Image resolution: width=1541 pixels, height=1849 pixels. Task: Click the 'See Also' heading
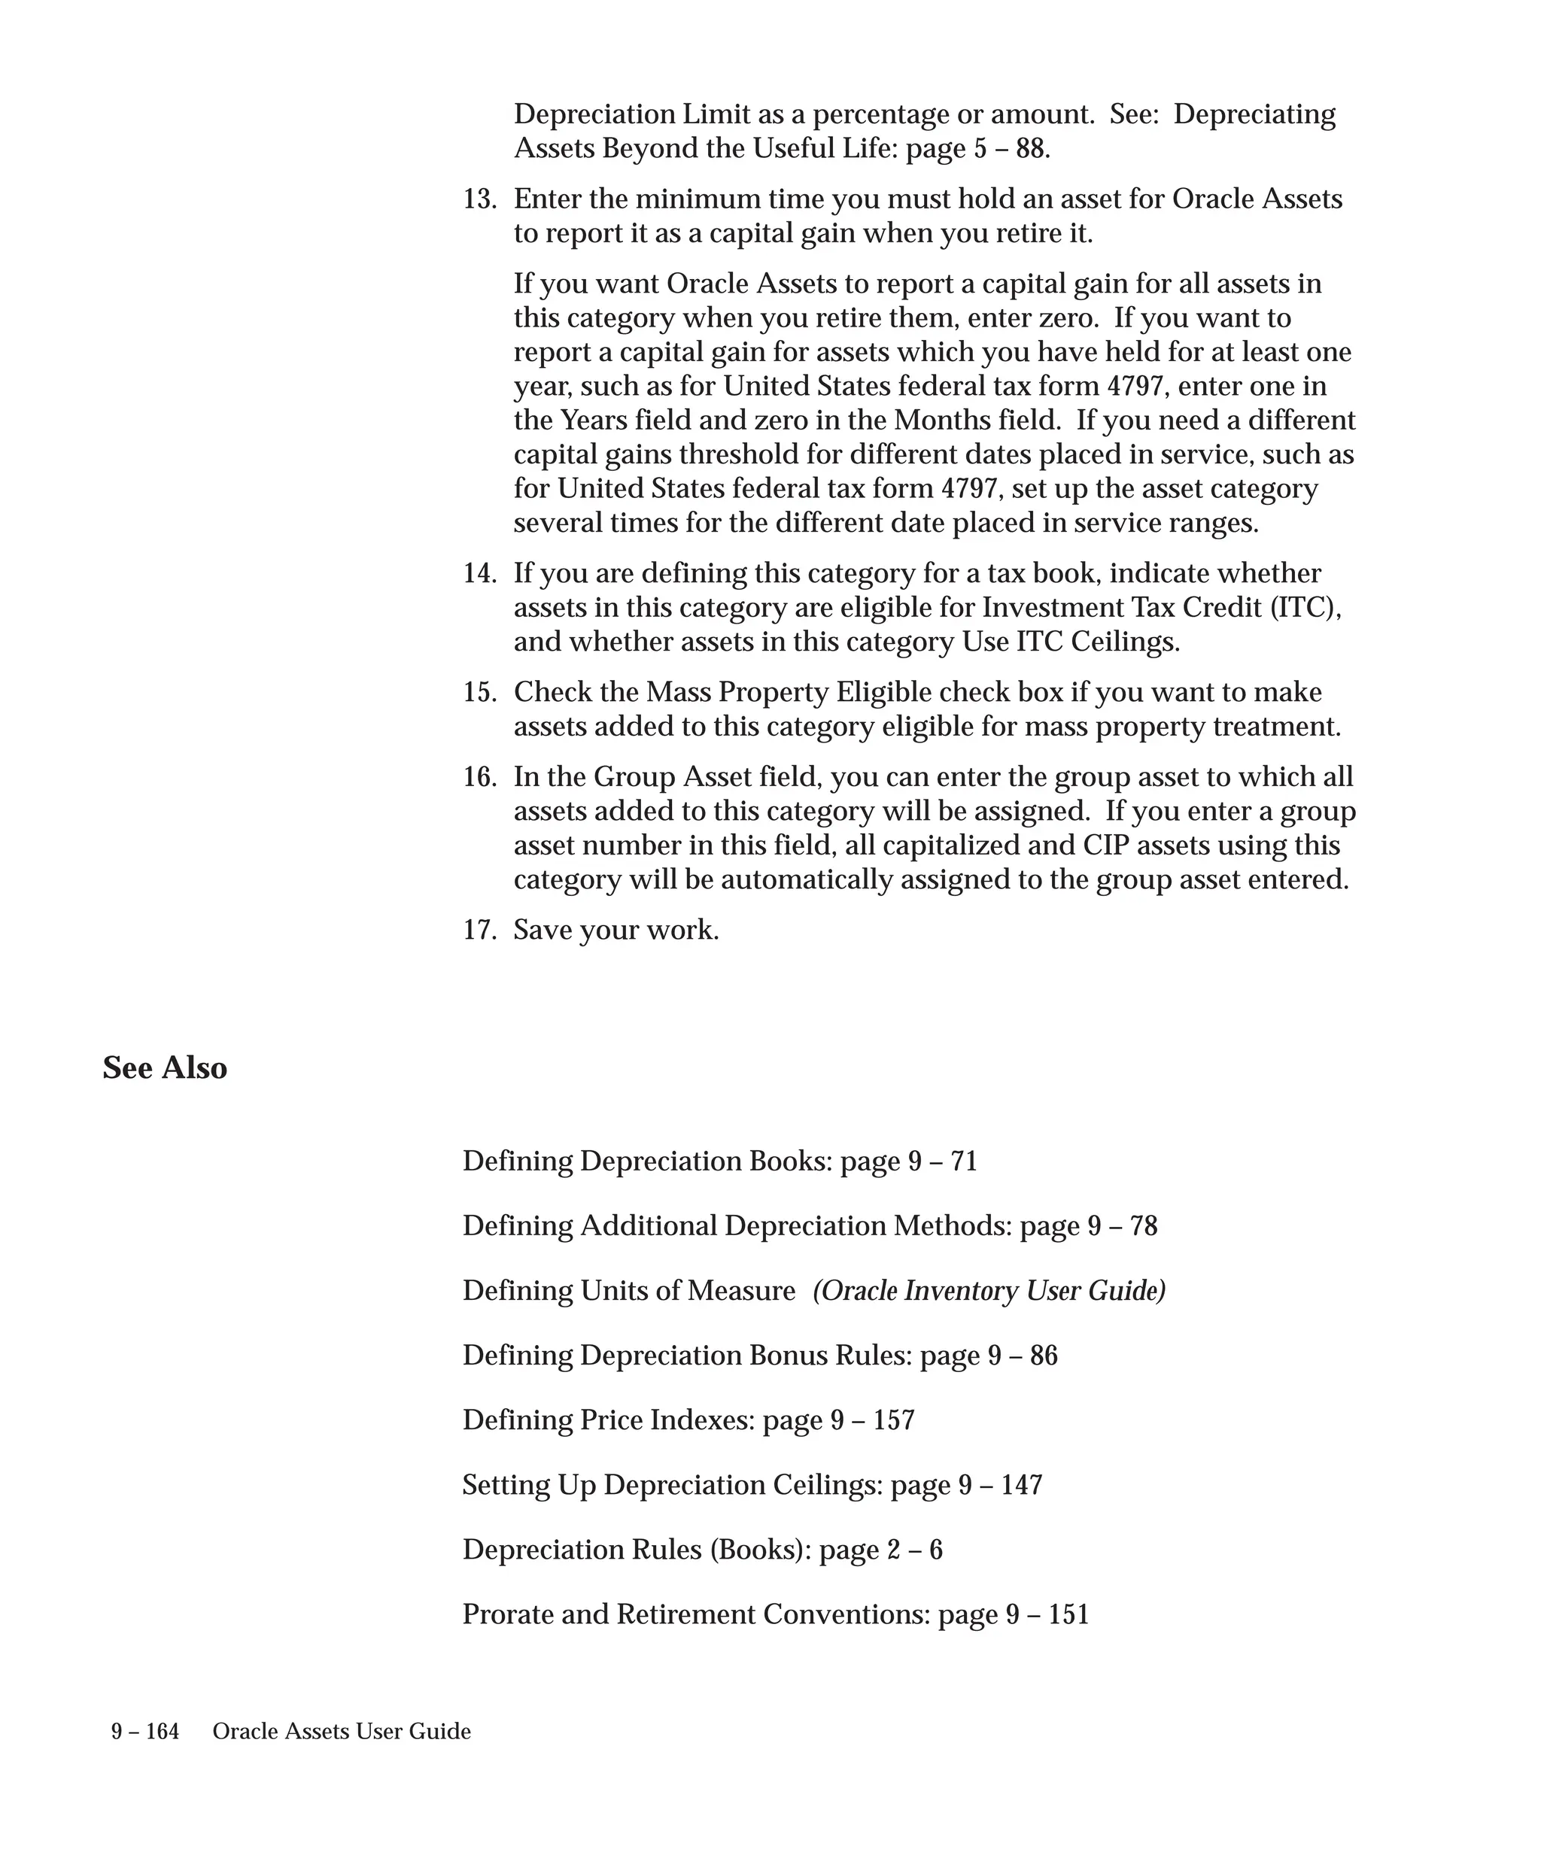[x=165, y=1068]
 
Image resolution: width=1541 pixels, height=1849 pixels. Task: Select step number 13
[x=479, y=200]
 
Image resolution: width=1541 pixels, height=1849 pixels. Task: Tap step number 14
[x=479, y=574]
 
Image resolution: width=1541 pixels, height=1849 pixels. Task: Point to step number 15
[x=479, y=693]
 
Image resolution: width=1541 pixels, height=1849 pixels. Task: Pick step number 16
[x=479, y=778]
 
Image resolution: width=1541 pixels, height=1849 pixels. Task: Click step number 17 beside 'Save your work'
[x=479, y=931]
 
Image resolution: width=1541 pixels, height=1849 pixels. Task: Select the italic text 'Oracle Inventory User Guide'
[x=989, y=1291]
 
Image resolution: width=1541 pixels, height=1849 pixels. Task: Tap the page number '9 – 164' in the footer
[x=145, y=1732]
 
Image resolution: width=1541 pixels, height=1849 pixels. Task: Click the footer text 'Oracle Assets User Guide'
[x=342, y=1732]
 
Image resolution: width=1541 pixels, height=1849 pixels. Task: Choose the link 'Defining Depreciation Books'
[x=646, y=1161]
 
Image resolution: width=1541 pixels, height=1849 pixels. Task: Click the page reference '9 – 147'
[x=1000, y=1486]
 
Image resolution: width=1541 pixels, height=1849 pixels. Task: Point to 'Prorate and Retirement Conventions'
[x=696, y=1615]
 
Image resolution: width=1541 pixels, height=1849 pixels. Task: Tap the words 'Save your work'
[x=616, y=931]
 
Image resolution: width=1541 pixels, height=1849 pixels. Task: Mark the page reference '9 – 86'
[x=1023, y=1356]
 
